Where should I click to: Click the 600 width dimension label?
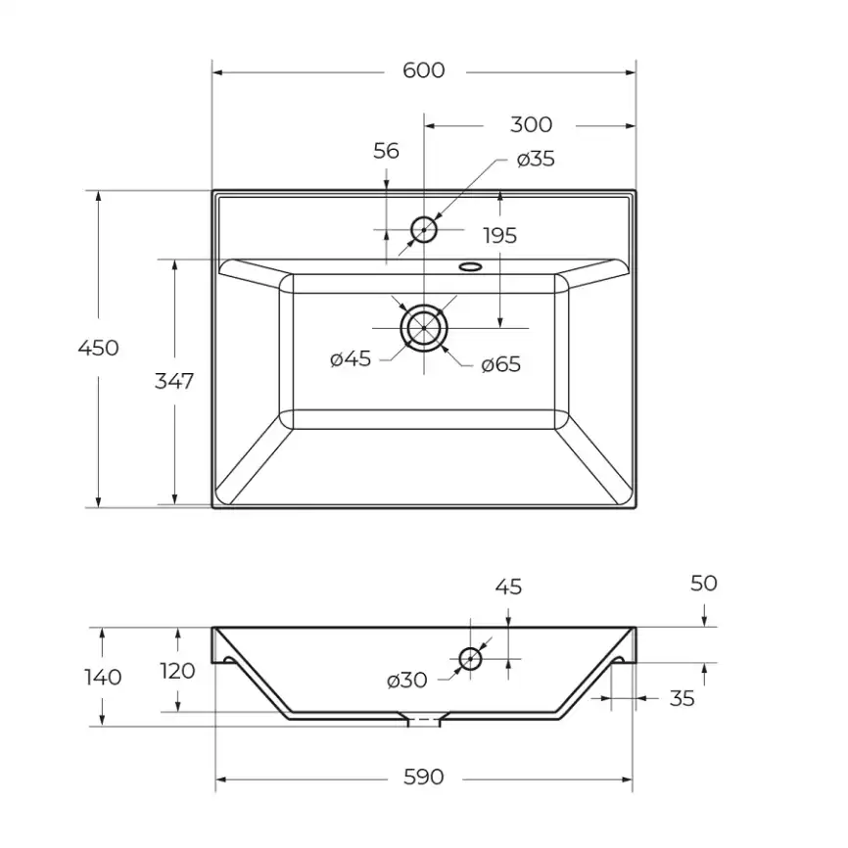pos(423,71)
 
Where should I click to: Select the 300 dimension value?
pos(531,125)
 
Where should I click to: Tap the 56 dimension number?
pos(386,151)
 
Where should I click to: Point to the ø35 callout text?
pos(536,159)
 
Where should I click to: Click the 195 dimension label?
pos(499,236)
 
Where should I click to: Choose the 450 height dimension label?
pos(98,348)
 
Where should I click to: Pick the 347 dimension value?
pos(173,381)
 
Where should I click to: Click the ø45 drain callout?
pos(351,358)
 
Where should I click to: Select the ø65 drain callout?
pos(500,364)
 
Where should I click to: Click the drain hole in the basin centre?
pos(423,306)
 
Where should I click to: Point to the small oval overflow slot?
pos(470,266)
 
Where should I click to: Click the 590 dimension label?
pos(423,777)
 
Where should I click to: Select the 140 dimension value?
pos(103,677)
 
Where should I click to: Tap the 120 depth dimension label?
pos(177,671)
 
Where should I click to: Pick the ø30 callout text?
pos(406,681)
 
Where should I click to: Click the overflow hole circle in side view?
pos(470,649)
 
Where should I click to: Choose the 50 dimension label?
pos(704,584)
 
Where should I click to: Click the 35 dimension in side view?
pos(682,699)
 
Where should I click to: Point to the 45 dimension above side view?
pos(508,588)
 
